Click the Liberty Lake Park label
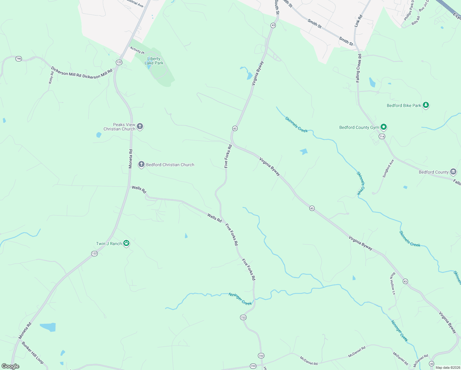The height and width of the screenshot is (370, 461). pos(154,61)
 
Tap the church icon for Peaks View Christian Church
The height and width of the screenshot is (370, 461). pos(140,126)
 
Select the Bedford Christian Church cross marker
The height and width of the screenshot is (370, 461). pos(141,164)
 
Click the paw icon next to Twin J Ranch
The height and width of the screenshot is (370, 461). pos(126,243)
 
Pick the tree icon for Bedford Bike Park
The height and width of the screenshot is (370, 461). pos(426,105)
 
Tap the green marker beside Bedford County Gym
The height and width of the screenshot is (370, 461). pos(384,127)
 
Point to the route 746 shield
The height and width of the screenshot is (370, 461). pos(19,59)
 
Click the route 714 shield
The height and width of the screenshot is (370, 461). pos(382,137)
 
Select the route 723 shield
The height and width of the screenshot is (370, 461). pos(253,366)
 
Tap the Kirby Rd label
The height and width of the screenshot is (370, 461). pos(51,78)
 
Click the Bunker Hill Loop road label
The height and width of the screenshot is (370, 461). pos(33,353)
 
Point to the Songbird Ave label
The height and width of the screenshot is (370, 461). pos(388,169)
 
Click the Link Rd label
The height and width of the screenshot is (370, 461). pos(358,21)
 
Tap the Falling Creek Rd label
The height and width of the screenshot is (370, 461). pos(359,68)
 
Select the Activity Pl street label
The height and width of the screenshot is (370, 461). pos(137,50)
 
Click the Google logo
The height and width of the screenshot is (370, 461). pos(10,366)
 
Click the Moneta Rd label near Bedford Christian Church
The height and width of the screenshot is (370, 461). pos(131,159)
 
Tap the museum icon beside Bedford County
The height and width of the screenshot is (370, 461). pos(453,172)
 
